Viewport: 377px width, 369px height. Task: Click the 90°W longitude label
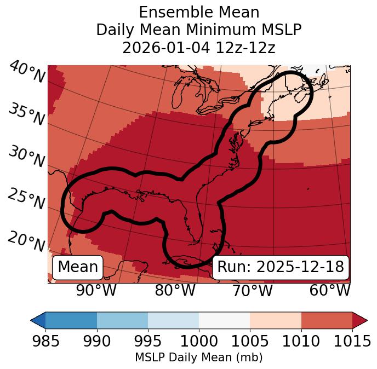click(96, 290)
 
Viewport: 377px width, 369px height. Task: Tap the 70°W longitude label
click(253, 290)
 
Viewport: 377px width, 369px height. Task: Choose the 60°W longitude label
click(330, 290)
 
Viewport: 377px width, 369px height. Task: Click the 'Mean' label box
click(78, 267)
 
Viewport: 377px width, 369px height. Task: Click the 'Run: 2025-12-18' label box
click(281, 267)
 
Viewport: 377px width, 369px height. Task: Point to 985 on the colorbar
click(45, 342)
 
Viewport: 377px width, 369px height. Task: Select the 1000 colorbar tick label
click(199, 342)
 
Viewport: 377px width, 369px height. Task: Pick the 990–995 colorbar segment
click(122, 320)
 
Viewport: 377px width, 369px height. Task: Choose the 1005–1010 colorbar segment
click(276, 320)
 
